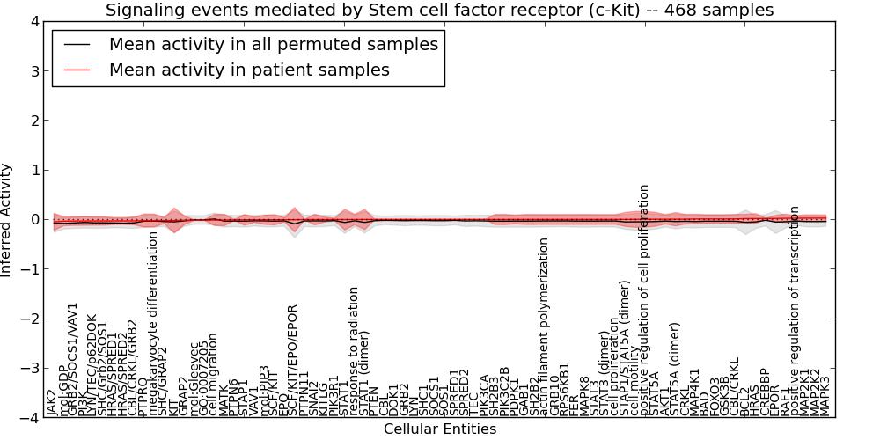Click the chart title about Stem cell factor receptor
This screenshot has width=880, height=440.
pos(439,11)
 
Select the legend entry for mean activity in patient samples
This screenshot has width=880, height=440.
pos(249,70)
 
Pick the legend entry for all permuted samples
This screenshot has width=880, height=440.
pos(274,44)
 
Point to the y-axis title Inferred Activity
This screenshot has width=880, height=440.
pos(7,220)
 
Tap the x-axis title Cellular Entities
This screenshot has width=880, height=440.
pos(439,429)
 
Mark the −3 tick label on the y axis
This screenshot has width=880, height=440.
pos(32,369)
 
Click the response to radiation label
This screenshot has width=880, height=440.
pos(355,351)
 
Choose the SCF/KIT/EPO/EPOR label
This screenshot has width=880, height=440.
pos(294,360)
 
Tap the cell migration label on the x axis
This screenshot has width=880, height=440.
pos(214,374)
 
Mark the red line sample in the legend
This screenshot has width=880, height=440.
pos(77,70)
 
